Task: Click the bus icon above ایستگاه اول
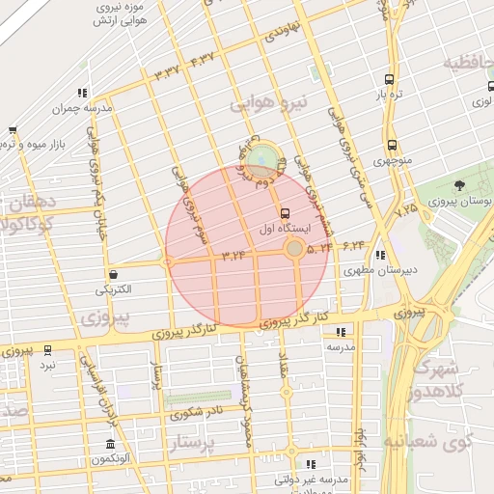[285, 213]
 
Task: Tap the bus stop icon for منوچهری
[391, 145]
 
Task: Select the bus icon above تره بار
[388, 80]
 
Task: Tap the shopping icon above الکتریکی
[114, 274]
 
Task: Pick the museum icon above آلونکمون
[110, 444]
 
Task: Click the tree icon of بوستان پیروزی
[458, 185]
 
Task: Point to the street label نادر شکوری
[197, 413]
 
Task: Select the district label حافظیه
[469, 63]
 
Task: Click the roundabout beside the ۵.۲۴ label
[294, 249]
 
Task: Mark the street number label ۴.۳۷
[204, 61]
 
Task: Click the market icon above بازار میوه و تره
[12, 130]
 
